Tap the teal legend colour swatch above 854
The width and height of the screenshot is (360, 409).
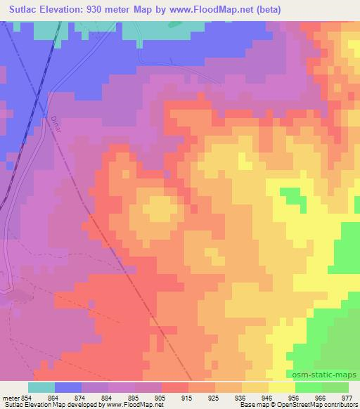[41, 387]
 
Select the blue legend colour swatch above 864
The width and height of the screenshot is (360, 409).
[68, 387]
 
